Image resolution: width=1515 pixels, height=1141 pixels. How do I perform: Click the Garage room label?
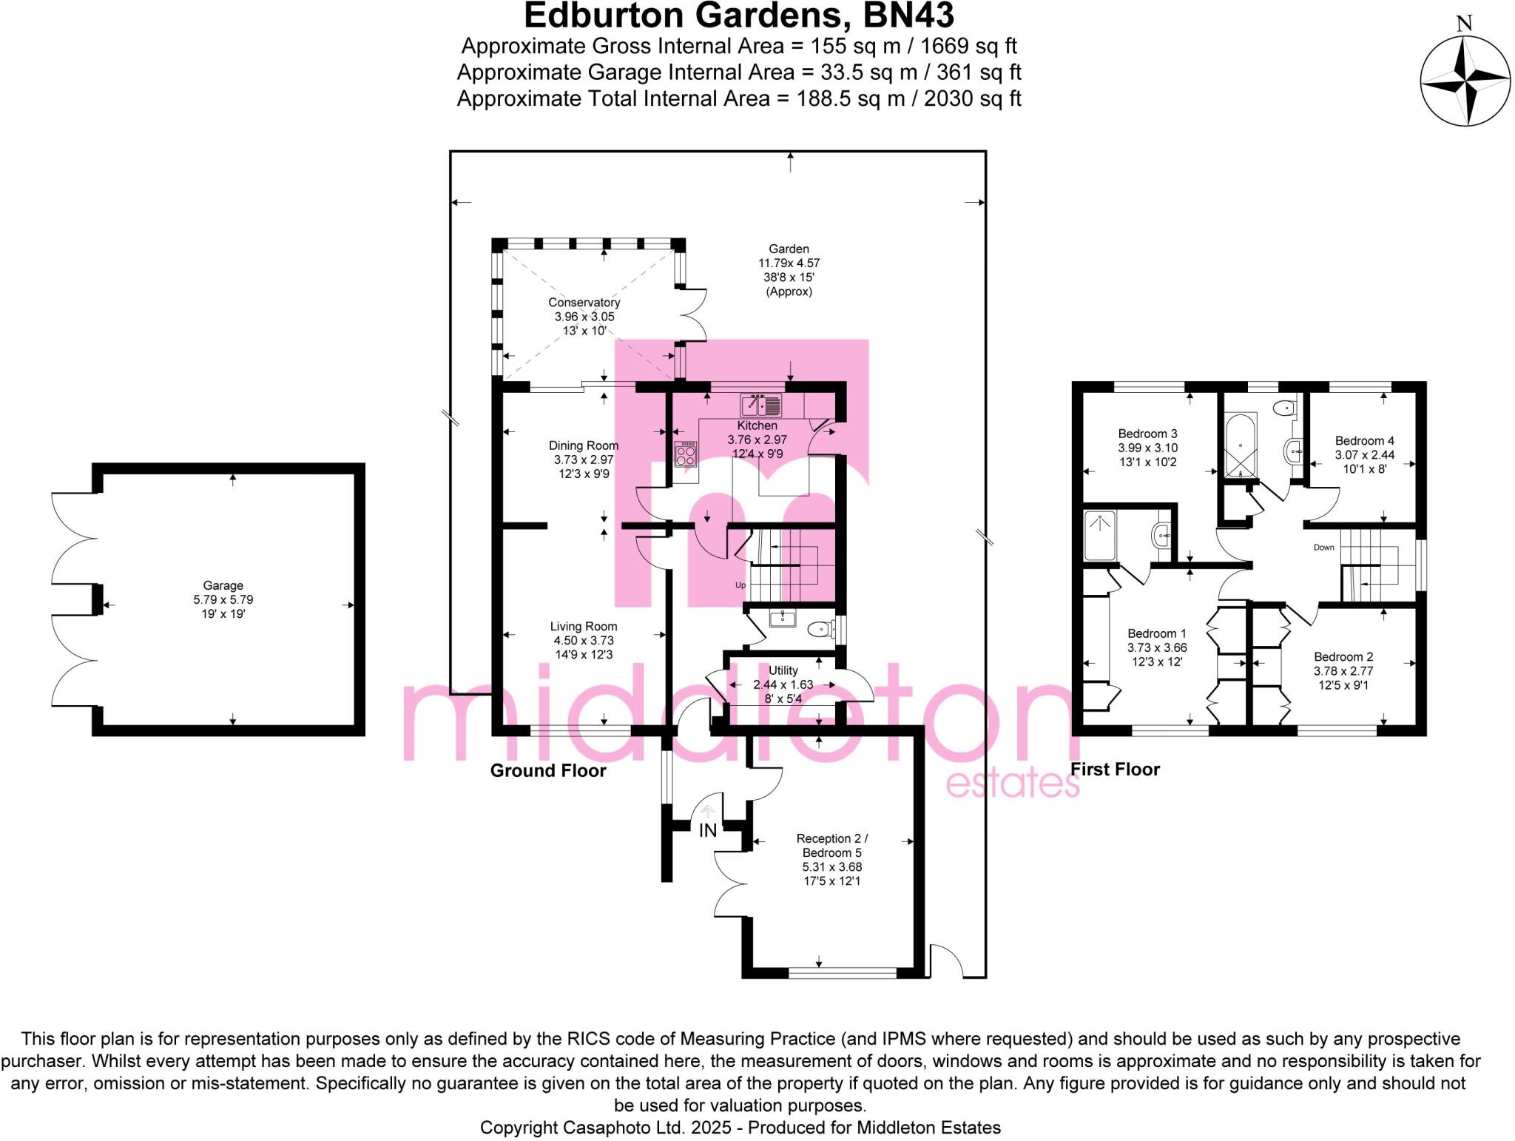pos(223,585)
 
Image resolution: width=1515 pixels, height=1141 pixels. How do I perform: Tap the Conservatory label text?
pos(584,303)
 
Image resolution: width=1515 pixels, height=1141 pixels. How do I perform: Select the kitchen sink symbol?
pos(761,405)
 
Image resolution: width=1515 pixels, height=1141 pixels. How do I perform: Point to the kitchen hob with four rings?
pos(686,454)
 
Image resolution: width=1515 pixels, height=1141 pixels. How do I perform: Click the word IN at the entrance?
pos(708,830)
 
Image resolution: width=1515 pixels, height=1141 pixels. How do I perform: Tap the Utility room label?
pos(783,670)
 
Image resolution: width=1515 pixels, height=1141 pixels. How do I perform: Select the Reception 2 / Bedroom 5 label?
pos(831,846)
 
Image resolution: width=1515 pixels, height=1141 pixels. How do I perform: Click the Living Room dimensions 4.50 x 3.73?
pos(584,641)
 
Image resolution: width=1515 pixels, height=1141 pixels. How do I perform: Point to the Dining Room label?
pos(583,445)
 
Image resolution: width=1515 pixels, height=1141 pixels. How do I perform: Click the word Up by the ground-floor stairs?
pos(740,585)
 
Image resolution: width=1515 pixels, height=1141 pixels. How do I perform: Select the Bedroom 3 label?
pos(1147,434)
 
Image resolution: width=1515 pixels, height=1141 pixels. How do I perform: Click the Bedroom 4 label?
pos(1364,441)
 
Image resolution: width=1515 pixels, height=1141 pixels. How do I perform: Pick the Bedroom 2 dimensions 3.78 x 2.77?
pos(1343,671)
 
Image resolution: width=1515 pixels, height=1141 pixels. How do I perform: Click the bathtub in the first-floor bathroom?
pos(1239,444)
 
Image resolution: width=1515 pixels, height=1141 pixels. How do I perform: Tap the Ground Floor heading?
pos(548,771)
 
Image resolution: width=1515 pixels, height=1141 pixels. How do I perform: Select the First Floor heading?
pos(1115,770)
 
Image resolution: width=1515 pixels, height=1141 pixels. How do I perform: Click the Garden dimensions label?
pos(789,263)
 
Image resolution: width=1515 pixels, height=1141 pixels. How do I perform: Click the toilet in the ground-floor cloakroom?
pos(820,630)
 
